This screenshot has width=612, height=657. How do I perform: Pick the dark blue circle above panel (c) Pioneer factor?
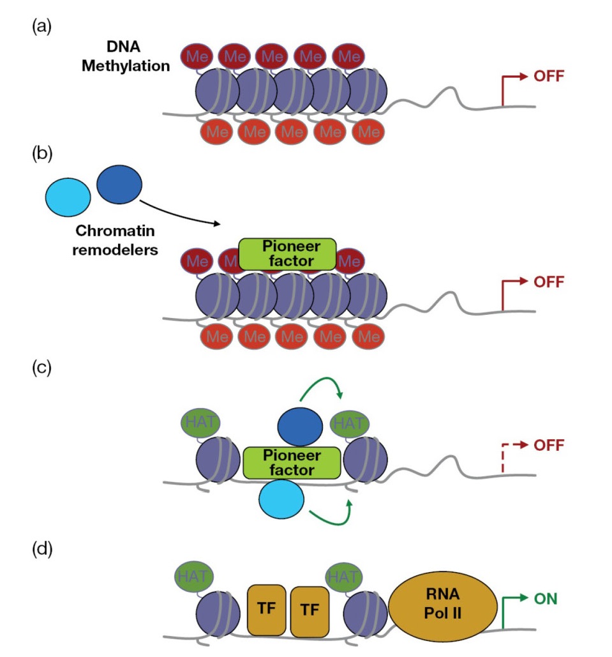pyautogui.click(x=301, y=426)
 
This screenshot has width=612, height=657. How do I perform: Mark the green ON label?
pyautogui.click(x=546, y=599)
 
